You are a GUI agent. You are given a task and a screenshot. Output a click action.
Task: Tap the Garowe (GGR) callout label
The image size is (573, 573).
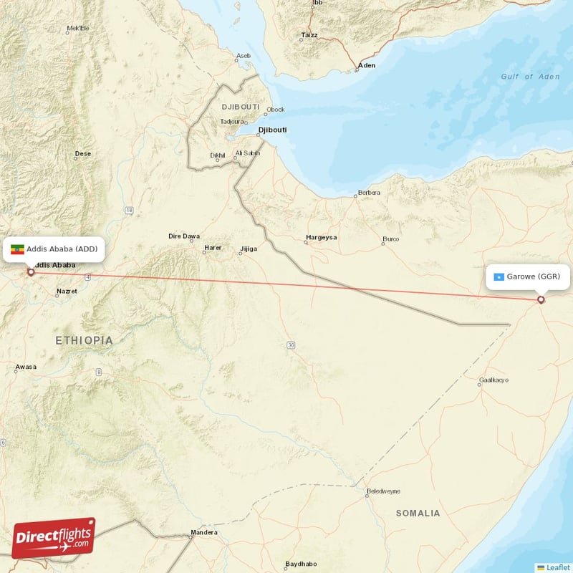tap(529, 276)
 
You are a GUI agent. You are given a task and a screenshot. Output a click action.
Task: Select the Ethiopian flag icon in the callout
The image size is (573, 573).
tap(16, 249)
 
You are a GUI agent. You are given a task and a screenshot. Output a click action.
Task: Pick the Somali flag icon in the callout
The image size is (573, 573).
tap(499, 276)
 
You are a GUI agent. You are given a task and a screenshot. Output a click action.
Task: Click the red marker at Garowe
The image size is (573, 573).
tap(541, 300)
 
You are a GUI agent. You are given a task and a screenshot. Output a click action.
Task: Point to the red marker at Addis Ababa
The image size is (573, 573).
tap(30, 272)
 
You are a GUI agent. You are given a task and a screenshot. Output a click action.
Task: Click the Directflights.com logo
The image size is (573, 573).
tap(53, 538)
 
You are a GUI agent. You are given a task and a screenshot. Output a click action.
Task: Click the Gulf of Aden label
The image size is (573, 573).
tap(530, 77)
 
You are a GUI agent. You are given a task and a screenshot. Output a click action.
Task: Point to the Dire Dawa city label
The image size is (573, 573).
tap(184, 236)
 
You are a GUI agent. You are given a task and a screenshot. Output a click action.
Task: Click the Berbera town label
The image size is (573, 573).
tap(369, 193)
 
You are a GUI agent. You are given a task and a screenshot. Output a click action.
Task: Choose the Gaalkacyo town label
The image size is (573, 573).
tap(494, 380)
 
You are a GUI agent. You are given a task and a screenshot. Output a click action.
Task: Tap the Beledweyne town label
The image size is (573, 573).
tap(383, 491)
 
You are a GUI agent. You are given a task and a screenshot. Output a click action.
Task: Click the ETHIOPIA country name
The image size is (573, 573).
tap(85, 341)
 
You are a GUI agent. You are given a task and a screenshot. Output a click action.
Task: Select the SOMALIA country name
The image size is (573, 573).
tap(418, 514)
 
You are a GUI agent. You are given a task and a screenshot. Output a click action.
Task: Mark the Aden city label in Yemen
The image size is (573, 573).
tap(367, 65)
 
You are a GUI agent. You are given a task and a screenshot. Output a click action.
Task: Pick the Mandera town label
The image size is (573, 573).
tap(204, 533)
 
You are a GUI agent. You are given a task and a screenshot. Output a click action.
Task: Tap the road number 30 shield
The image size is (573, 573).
tap(291, 345)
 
